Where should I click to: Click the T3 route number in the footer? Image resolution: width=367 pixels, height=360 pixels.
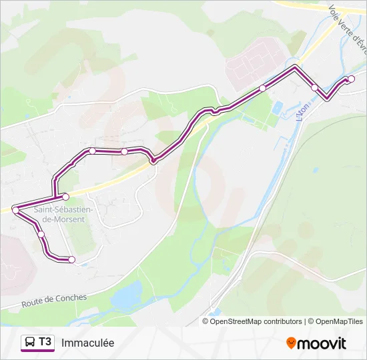pos(45,342)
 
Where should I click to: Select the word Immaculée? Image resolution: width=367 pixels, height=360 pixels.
pos(87,343)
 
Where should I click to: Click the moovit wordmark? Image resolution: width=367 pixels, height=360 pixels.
pos(323,343)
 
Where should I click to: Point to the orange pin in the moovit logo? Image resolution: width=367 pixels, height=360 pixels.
pos(292,343)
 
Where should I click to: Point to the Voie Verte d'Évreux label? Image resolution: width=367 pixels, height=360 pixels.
pos(348,27)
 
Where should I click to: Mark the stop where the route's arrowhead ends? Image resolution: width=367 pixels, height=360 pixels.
pos(352,79)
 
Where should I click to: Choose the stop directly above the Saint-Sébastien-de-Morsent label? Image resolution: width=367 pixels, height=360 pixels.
pos(65,197)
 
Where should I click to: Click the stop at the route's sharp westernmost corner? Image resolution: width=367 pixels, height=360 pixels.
pos(15,210)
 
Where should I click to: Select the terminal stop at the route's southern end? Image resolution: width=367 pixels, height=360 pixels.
pos(72,259)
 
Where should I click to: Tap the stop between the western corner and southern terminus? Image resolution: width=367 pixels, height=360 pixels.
pos(41,234)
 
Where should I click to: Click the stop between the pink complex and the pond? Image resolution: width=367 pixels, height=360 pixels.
pos(263,88)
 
